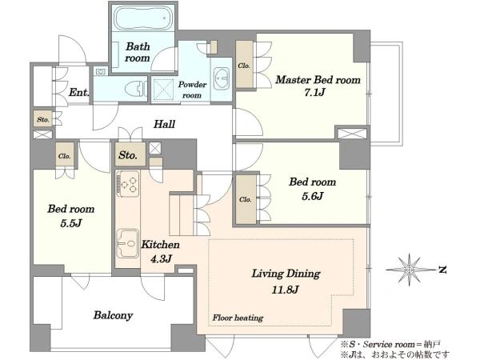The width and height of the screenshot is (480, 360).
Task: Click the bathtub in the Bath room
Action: coord(142,18)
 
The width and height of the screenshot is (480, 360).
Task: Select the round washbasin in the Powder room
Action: coord(221,78)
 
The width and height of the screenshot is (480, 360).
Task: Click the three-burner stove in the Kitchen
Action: coord(129,184)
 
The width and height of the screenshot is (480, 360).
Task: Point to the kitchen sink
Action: coord(128,243)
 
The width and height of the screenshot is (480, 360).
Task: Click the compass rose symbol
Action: coord(410,270)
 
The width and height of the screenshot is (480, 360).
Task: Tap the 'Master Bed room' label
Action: coord(318,80)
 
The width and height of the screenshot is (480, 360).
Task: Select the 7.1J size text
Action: coord(314,92)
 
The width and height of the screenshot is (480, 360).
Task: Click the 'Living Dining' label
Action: coord(286,274)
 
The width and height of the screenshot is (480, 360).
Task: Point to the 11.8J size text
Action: coord(285,290)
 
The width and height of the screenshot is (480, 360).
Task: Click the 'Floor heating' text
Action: coord(238,318)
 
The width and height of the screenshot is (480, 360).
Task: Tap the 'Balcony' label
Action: coord(113,315)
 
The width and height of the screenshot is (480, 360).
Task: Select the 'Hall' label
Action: coord(164,124)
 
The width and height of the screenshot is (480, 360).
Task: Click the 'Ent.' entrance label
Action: coord(79,92)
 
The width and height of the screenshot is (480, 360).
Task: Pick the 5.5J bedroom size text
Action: coord(71,223)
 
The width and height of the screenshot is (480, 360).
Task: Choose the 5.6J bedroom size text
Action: coord(313,196)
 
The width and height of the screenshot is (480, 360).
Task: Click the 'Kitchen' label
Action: coord(160,245)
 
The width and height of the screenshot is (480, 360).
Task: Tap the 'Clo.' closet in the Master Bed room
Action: coord(244,66)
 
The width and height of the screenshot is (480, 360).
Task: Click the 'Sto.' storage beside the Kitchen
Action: coord(128,155)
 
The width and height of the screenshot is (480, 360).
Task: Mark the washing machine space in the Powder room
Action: coord(163,90)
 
